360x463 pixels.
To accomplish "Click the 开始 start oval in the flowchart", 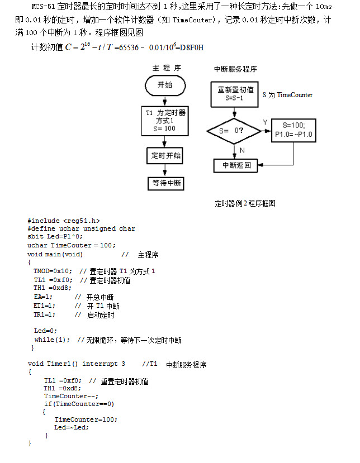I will click(x=165, y=85).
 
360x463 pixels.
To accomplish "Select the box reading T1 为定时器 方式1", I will click(x=165, y=120).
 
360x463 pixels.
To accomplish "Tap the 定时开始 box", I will click(x=165, y=155).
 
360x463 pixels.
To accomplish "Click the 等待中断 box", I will click(x=165, y=183).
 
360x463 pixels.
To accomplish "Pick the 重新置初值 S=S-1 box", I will click(x=235, y=94).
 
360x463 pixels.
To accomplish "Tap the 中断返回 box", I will click(x=237, y=165).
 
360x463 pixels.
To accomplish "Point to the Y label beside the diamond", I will click(x=265, y=122).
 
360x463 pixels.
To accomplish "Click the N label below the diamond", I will click(x=242, y=150).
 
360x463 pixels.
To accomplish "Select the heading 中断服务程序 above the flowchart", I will click(x=235, y=69).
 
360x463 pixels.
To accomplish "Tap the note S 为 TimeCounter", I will click(x=287, y=95).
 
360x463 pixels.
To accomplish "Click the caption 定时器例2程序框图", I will click(x=245, y=203).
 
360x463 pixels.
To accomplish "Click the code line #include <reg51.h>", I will click(x=64, y=221).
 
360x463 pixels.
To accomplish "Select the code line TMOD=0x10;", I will click(x=53, y=271).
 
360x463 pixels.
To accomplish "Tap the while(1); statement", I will click(x=53, y=340).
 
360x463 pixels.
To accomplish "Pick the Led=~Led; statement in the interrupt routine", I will click(x=72, y=427).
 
